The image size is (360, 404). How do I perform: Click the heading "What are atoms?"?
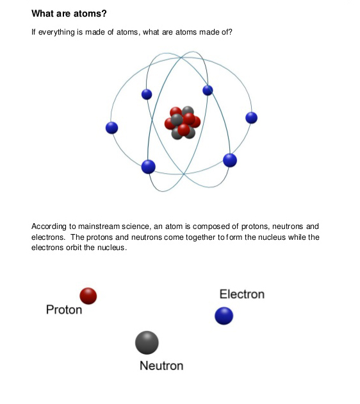tap(69, 13)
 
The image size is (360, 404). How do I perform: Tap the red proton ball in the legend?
tap(88, 296)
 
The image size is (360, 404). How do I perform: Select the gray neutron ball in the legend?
tap(147, 342)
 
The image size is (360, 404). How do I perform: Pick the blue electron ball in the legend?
tap(224, 316)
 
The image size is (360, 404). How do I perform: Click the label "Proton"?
tap(64, 310)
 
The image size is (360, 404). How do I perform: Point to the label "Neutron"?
tap(161, 366)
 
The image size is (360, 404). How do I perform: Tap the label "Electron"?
tap(242, 294)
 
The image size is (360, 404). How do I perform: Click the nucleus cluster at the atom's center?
tap(183, 122)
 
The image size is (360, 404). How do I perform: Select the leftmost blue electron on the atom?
tap(111, 128)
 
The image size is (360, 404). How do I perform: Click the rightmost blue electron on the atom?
tap(251, 118)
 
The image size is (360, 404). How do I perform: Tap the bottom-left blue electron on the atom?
tap(149, 167)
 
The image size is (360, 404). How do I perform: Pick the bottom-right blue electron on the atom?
tap(230, 160)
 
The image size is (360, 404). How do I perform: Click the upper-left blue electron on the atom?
tap(147, 94)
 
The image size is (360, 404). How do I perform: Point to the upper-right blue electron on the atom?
tap(208, 90)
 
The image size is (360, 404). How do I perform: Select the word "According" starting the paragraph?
tap(49, 226)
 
